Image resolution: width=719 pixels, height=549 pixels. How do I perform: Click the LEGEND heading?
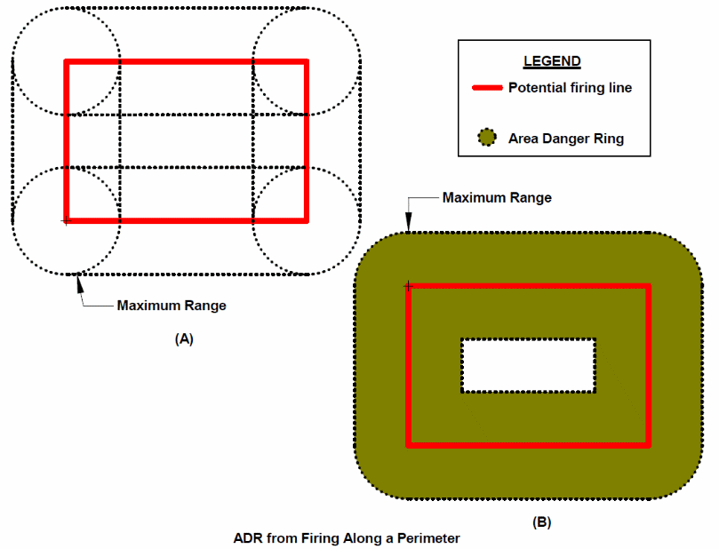[x=551, y=62]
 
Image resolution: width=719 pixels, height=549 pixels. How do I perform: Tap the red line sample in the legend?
[x=487, y=88]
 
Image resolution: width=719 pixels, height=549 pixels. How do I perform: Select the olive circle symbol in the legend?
[x=486, y=139]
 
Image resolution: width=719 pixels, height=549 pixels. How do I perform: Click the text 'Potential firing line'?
[x=570, y=88]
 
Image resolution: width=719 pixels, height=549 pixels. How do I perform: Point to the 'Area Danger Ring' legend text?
[x=566, y=139]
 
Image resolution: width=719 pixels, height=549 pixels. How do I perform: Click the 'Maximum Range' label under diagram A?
[x=172, y=306]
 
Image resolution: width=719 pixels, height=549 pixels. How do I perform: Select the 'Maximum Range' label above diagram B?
[x=497, y=197]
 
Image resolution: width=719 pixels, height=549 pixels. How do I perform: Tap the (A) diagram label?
[x=184, y=338]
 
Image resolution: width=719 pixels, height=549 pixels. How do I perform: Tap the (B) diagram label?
[x=541, y=522]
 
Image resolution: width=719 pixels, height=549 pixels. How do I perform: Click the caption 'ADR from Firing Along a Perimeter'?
[x=347, y=537]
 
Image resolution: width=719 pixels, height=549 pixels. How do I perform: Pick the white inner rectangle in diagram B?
[x=528, y=365]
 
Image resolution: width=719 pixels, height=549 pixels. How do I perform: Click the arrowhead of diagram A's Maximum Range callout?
[x=80, y=280]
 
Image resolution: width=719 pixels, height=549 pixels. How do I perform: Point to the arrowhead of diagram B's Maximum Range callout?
[x=408, y=226]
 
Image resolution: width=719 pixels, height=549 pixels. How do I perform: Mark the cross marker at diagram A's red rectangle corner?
[x=65, y=219]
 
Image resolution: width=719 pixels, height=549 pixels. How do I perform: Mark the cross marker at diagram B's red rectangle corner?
[x=408, y=286]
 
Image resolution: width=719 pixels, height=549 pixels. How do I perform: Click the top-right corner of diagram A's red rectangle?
[x=306, y=61]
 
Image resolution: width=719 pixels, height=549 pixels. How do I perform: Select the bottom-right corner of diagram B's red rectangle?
[x=649, y=444]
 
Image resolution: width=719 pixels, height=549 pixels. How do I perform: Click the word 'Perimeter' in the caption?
[x=430, y=537]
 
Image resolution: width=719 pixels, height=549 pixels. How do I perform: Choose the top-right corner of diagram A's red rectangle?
[x=306, y=61]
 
